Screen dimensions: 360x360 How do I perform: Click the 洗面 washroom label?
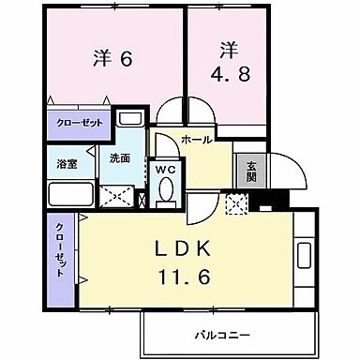(x=118, y=158)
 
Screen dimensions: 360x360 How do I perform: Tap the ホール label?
(x=195, y=139)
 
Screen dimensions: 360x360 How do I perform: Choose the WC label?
(x=165, y=169)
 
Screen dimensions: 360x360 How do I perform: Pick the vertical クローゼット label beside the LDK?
(x=59, y=251)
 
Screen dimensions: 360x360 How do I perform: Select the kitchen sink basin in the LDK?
(x=306, y=255)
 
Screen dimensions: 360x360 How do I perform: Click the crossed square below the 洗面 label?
(x=120, y=197)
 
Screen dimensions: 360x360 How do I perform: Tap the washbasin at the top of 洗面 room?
(x=130, y=119)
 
